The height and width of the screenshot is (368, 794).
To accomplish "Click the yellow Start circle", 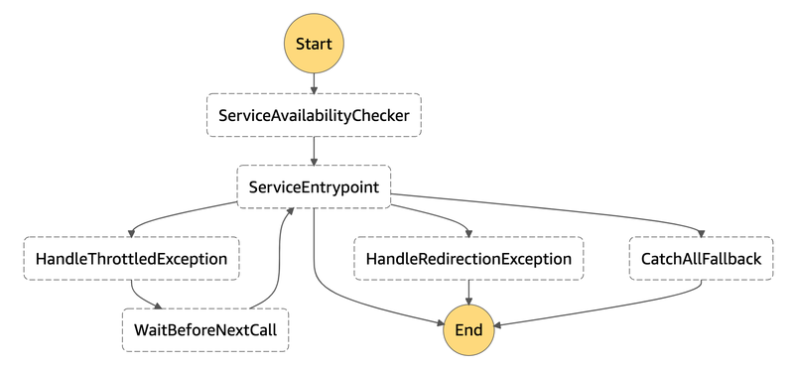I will pyautogui.click(x=314, y=44).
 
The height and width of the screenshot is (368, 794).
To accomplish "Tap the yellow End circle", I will pyautogui.click(x=468, y=330).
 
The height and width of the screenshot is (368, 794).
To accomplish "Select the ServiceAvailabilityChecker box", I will pyautogui.click(x=314, y=115).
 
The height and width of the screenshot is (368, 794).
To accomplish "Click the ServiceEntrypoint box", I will pyautogui.click(x=314, y=186).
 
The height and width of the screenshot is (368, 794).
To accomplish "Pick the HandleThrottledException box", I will pyautogui.click(x=132, y=259).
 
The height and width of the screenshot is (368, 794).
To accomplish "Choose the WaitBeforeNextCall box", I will pyautogui.click(x=205, y=330).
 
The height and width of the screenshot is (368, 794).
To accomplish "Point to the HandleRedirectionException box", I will pyautogui.click(x=468, y=259).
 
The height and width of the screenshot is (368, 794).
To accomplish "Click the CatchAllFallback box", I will pyautogui.click(x=702, y=259).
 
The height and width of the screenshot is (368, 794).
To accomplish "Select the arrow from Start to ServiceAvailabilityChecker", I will pyautogui.click(x=314, y=83).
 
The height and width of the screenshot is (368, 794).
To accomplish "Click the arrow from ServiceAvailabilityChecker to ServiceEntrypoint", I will pyautogui.click(x=314, y=151).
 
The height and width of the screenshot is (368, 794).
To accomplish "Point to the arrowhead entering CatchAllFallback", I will pyautogui.click(x=702, y=233).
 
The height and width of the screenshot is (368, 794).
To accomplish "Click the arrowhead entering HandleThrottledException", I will pyautogui.click(x=132, y=233).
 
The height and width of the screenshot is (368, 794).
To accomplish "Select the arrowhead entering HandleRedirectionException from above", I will pyautogui.click(x=468, y=233).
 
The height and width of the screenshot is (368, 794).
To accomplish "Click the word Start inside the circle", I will pyautogui.click(x=314, y=44).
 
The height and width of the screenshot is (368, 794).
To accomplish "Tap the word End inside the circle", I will pyautogui.click(x=468, y=330).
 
